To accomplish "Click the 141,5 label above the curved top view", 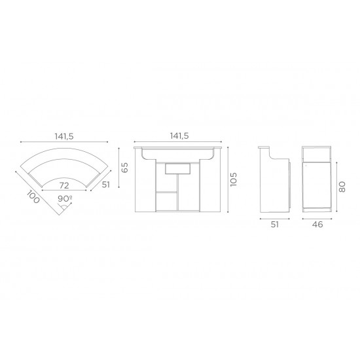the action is click(x=64, y=136).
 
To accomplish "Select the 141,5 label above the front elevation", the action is click(x=179, y=136).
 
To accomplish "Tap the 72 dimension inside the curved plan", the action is click(x=64, y=185).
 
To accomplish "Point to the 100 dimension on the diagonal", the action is click(x=33, y=197).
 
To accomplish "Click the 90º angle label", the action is click(x=65, y=198).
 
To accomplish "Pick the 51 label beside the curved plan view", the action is click(x=106, y=185).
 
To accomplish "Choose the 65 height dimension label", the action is click(x=124, y=168).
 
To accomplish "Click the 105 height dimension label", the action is click(x=233, y=179).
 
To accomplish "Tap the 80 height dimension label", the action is click(x=342, y=187).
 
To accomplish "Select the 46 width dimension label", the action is click(x=317, y=225).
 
